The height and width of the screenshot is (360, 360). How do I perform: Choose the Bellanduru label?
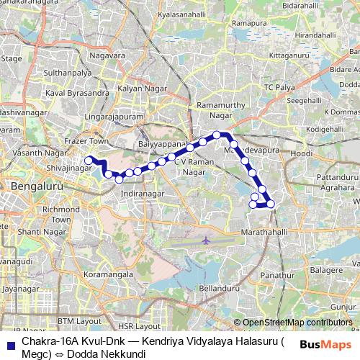coord(219,288)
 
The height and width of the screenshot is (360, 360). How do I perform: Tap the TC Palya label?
coord(279,87)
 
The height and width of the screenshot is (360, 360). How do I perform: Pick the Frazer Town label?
coord(86,141)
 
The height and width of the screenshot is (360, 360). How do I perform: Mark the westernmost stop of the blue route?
coord(89,161)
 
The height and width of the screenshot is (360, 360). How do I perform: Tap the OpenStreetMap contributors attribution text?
coord(297,323)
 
